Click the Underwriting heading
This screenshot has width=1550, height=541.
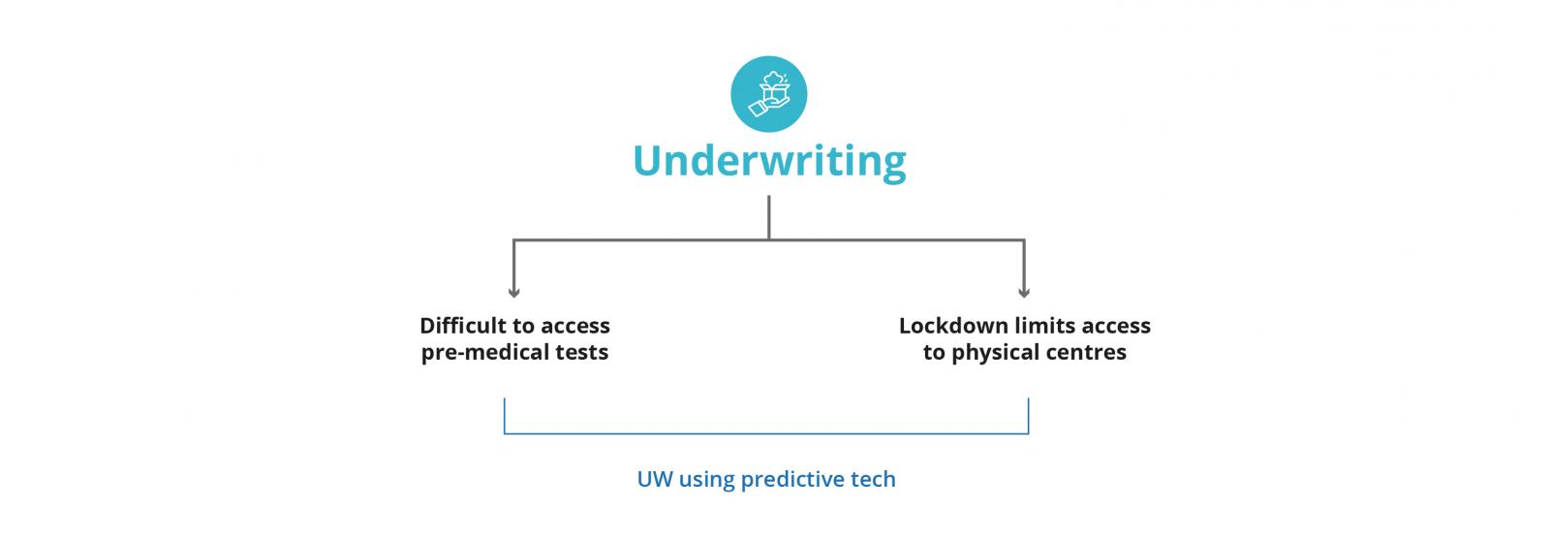769,161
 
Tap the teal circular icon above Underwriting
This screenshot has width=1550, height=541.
768,94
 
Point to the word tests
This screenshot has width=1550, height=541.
582,352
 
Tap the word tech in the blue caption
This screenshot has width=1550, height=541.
875,479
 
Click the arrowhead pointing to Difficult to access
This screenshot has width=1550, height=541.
513,292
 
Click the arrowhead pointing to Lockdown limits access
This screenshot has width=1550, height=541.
1024,292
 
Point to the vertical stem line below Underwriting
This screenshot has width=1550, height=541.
768,217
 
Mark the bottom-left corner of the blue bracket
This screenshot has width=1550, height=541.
505,432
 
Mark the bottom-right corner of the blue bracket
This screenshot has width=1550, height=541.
1028,432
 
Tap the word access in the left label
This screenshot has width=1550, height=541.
577,326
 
